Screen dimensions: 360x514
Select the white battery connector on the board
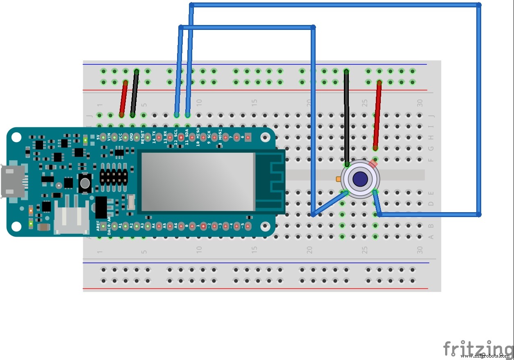pyautogui.click(x=71, y=220)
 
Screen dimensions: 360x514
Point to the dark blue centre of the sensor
pyautogui.click(x=360, y=179)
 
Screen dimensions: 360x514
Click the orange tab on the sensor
pyautogui.click(x=338, y=179)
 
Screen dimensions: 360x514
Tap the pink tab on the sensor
pyautogui.click(x=373, y=163)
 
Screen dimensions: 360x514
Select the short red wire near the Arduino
pyautogui.click(x=123, y=99)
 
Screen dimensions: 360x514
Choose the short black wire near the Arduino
pyautogui.click(x=134, y=94)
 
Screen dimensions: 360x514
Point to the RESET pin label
pyautogui.click(x=143, y=137)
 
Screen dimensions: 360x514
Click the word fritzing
pyautogui.click(x=478, y=349)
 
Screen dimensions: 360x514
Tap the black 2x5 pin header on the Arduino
pyautogui.click(x=113, y=177)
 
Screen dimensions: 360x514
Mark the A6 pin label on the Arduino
pyautogui.click(x=176, y=225)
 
